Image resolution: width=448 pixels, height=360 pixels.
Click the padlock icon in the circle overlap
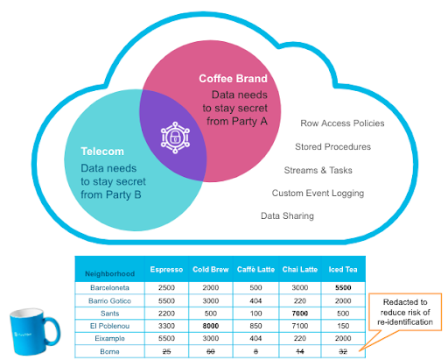[x=175, y=138]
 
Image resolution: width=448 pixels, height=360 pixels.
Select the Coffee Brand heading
[x=233, y=79]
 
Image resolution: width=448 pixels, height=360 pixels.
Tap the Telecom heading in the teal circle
[x=102, y=152]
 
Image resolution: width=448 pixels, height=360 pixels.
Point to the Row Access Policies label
[x=342, y=124]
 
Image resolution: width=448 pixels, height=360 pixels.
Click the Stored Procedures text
[x=332, y=146]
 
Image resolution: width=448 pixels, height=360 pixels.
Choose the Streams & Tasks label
[x=318, y=170]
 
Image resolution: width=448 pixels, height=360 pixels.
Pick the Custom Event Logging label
[x=318, y=194]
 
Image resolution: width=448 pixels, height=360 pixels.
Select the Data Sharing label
[x=287, y=216]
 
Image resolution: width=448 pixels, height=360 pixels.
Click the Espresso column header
[x=166, y=270]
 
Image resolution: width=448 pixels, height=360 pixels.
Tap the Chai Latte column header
[x=300, y=270]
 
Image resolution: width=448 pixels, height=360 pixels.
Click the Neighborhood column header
[x=109, y=274]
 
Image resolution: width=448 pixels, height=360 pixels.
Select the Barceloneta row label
[x=109, y=288]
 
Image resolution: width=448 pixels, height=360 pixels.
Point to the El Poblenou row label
[x=109, y=326]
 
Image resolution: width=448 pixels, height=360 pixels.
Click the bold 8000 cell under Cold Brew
[x=211, y=326]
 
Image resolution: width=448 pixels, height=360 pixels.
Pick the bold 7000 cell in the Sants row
[x=300, y=314]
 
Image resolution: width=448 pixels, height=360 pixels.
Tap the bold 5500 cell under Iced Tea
[x=343, y=288]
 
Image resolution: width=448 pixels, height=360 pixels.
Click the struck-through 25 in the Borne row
[x=166, y=351]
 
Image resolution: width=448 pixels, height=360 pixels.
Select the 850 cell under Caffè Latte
[x=255, y=326]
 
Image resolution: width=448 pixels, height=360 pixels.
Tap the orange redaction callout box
[x=405, y=312]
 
